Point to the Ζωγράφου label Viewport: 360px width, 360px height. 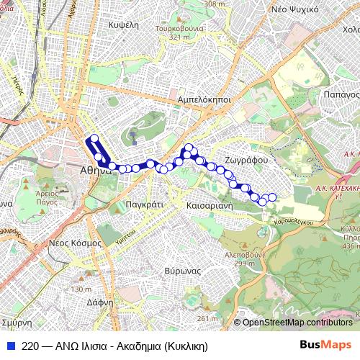(x=246, y=160)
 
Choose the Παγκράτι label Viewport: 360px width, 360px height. (x=146, y=205)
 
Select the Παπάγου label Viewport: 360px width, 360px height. (x=341, y=94)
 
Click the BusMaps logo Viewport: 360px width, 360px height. (x=325, y=345)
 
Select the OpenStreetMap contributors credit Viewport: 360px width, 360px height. (x=297, y=322)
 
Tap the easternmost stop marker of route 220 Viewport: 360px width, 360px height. (x=272, y=197)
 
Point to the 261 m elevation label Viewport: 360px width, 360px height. (x=207, y=318)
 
